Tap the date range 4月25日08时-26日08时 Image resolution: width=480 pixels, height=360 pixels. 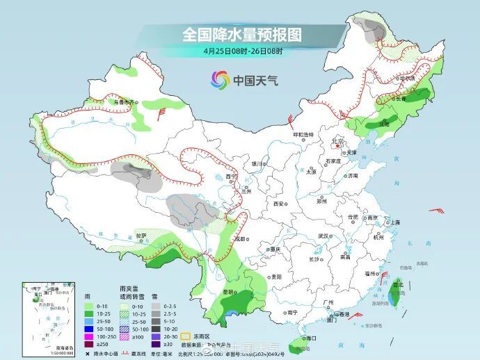point(243,51)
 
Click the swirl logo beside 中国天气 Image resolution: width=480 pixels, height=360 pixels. point(220,81)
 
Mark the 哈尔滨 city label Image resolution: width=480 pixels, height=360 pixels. point(407,79)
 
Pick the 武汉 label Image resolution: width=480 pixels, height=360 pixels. point(323,236)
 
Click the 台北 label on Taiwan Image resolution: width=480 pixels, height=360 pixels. point(398,284)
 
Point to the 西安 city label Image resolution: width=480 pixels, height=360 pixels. point(279,204)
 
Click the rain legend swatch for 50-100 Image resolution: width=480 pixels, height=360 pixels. point(88,329)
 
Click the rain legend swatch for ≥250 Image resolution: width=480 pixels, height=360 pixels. point(88,344)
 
